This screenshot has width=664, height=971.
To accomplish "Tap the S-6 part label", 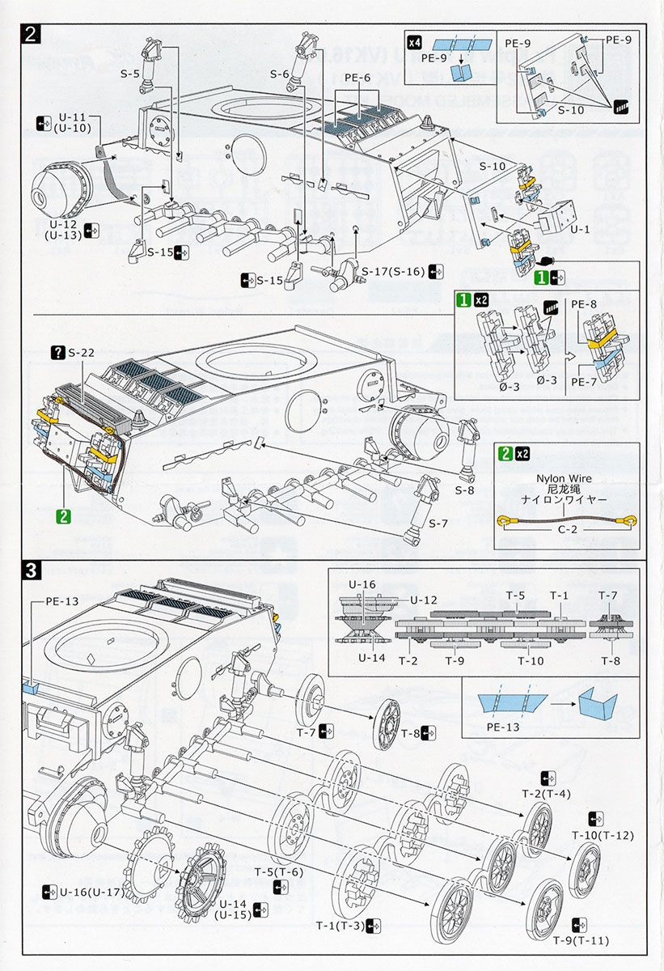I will pyautogui.click(x=279, y=74).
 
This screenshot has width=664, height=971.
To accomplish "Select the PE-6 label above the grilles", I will pyautogui.click(x=357, y=78).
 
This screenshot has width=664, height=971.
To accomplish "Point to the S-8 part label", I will pyautogui.click(x=464, y=490).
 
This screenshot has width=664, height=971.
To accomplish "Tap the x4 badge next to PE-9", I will pyautogui.click(x=415, y=41).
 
